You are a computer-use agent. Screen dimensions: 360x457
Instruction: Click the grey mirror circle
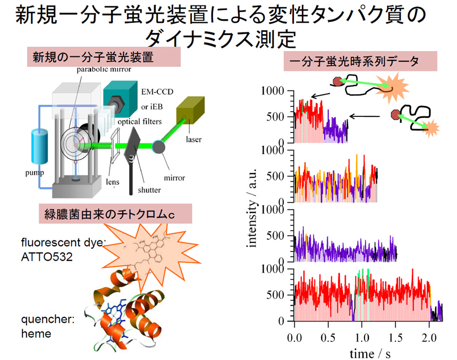coord(158,145)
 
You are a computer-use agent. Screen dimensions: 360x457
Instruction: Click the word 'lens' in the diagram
coord(113,181)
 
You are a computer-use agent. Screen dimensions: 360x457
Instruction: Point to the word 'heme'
coord(36,334)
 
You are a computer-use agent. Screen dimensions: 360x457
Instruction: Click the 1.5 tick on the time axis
coord(396,338)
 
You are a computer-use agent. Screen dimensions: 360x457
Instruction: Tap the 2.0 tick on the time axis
coord(430,338)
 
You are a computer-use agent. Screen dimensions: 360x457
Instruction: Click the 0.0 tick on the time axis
coord(294,338)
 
